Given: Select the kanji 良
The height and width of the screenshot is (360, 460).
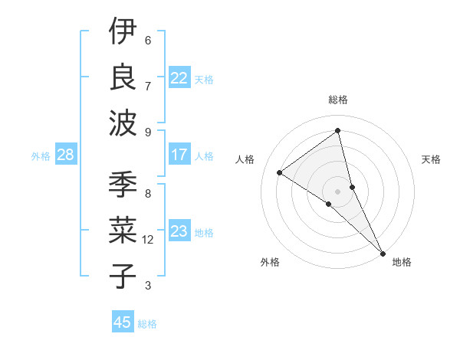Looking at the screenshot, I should [x=123, y=77].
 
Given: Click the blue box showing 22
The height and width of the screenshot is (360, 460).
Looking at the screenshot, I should [x=179, y=78].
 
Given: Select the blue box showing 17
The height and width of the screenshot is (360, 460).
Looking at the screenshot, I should [x=179, y=155].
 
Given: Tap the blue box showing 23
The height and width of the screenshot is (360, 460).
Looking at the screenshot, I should [x=179, y=231].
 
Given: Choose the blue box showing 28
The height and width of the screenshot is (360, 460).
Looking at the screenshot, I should [x=65, y=155].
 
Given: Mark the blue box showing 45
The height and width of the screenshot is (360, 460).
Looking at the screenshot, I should [x=123, y=322].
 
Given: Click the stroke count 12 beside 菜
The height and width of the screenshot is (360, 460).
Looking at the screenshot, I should [x=148, y=240].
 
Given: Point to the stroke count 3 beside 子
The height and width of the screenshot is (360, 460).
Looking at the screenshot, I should [x=148, y=286].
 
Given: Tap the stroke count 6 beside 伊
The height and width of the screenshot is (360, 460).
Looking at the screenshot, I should [x=148, y=41].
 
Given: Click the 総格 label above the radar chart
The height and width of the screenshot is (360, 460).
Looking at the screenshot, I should [x=338, y=100].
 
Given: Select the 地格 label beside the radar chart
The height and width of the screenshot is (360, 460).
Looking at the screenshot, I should [x=402, y=263].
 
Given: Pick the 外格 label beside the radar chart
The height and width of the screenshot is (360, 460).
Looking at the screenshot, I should [x=270, y=263].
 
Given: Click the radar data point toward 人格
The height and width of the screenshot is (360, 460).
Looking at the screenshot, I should [x=280, y=173].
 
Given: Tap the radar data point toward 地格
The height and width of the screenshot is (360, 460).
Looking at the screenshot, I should [x=383, y=254].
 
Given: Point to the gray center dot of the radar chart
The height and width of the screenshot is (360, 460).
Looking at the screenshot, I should [x=338, y=191].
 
